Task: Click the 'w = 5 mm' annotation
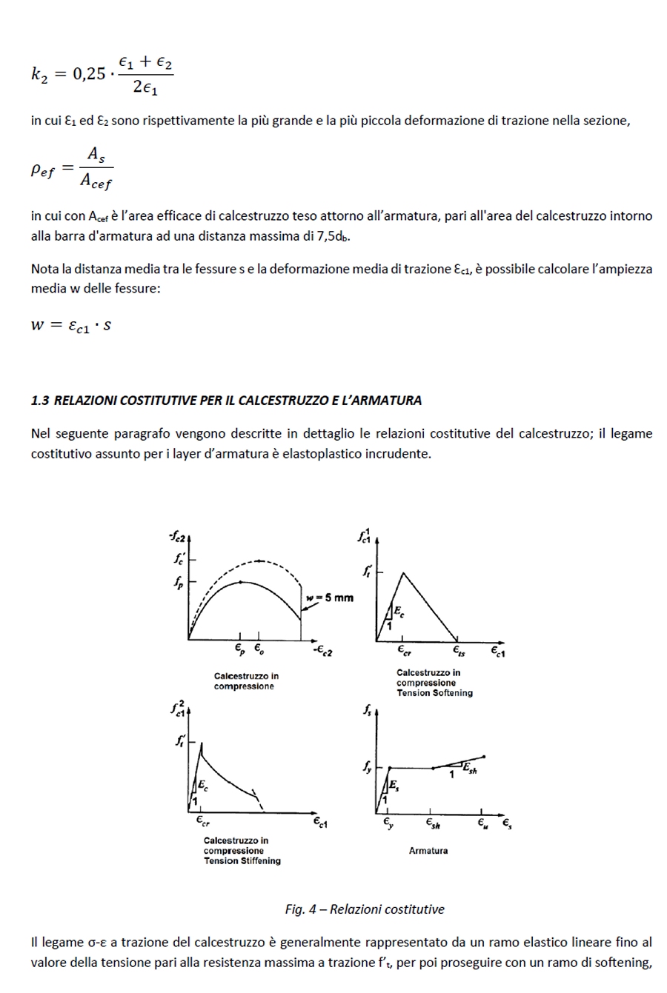[330, 598]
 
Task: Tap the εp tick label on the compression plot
[240, 649]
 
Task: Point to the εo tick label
[259, 649]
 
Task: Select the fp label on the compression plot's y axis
[179, 582]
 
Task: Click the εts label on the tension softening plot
[459, 651]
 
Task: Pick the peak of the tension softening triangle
[402, 572]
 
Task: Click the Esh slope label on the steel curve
[470, 769]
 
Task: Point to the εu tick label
[482, 823]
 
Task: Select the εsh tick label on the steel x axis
[433, 823]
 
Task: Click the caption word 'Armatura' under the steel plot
[428, 851]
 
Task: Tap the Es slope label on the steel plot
[394, 785]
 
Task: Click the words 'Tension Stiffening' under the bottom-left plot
[242, 861]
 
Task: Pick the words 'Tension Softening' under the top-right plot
[434, 693]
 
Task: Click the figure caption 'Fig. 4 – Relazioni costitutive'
[365, 909]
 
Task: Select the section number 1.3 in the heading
[40, 401]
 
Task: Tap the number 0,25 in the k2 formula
[89, 74]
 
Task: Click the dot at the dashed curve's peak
[259, 561]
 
